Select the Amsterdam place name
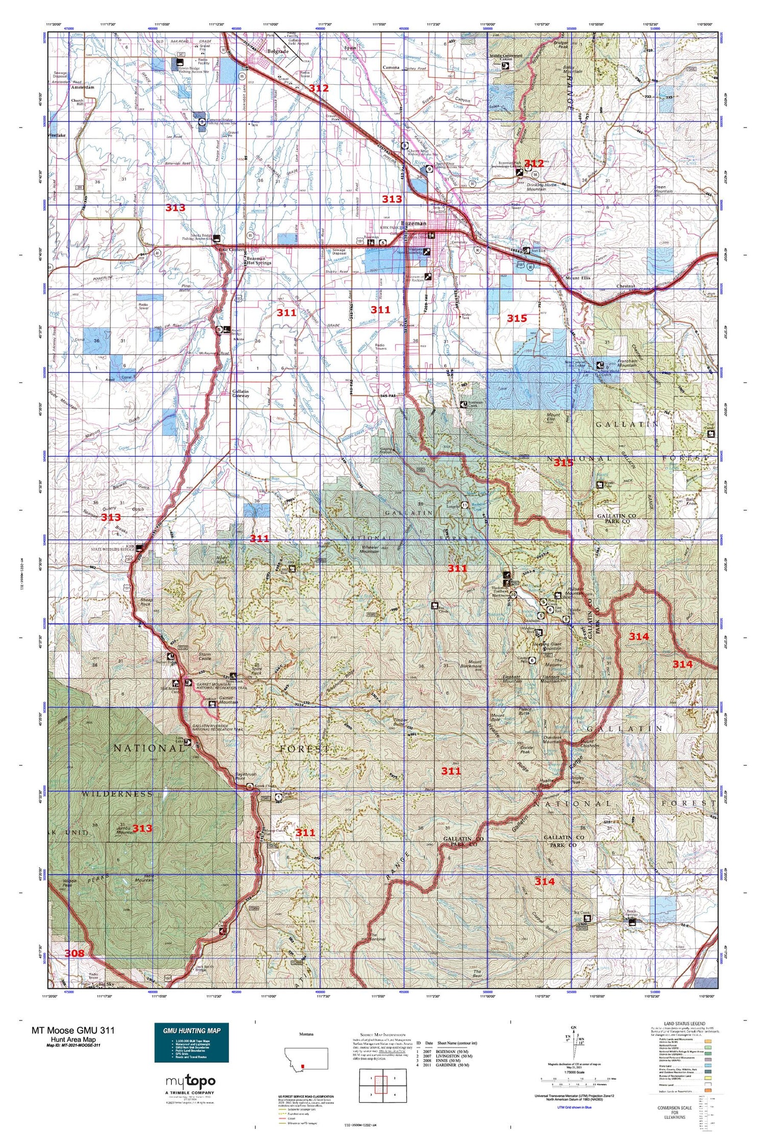click(81, 87)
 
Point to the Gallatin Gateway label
click(241, 393)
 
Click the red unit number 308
click(74, 953)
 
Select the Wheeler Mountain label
click(369, 550)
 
